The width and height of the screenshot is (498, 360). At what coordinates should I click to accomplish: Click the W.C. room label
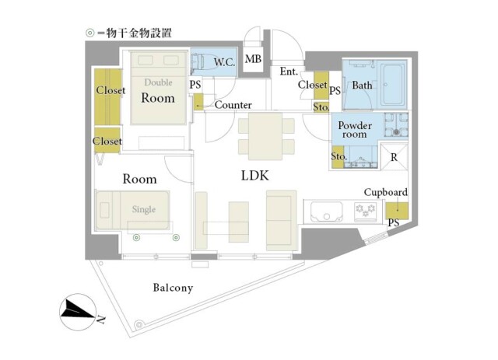tap(224, 62)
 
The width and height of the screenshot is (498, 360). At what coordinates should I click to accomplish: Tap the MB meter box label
tap(253, 59)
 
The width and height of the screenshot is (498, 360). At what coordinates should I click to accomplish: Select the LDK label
tap(254, 176)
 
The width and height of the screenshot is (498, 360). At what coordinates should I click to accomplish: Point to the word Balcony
tap(173, 288)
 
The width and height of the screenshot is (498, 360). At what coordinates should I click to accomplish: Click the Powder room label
tap(355, 130)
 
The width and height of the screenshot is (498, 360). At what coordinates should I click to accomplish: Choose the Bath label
tap(362, 85)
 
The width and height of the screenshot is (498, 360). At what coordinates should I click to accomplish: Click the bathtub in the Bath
tap(394, 85)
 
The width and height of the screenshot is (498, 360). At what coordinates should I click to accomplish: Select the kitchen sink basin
tap(326, 211)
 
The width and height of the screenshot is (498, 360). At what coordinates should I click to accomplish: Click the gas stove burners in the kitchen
tap(365, 210)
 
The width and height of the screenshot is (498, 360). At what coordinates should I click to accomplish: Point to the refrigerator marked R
tap(394, 157)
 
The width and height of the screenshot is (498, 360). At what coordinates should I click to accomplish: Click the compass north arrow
tap(78, 312)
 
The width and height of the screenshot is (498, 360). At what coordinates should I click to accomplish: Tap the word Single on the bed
tap(144, 209)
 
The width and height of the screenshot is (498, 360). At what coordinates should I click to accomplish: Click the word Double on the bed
tap(158, 82)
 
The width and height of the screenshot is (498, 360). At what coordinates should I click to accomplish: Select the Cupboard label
tap(386, 192)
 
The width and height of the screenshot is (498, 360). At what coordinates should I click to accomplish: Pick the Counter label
tap(233, 105)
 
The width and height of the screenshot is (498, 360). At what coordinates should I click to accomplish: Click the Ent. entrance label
tap(289, 72)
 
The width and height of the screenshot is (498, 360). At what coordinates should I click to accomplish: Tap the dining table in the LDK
tap(265, 136)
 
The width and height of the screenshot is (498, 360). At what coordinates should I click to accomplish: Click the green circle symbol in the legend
tap(90, 33)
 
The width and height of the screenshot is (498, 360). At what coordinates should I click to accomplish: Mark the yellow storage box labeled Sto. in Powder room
tap(338, 156)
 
